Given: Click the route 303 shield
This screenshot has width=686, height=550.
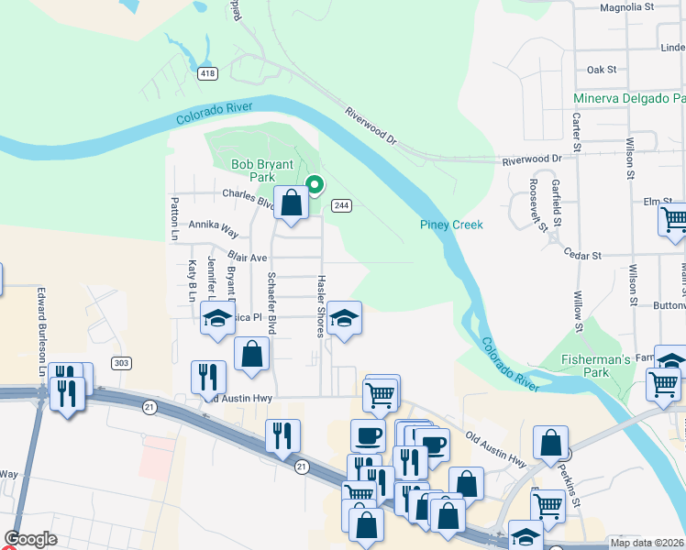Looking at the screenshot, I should click(x=121, y=363).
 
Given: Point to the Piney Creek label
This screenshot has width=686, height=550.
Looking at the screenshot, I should click(x=451, y=225).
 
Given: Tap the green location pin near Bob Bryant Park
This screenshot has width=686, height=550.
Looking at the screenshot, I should click(x=314, y=185).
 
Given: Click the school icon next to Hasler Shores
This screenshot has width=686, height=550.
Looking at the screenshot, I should click(x=344, y=318).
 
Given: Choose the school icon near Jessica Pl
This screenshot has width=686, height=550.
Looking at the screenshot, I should click(x=216, y=319).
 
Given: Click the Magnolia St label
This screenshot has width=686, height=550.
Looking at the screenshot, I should click(x=625, y=6).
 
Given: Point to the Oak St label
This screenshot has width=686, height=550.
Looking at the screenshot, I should click(x=602, y=70).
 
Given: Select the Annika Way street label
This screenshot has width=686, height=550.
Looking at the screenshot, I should click(x=214, y=224).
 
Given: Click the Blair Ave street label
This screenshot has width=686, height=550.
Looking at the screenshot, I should click(x=247, y=258).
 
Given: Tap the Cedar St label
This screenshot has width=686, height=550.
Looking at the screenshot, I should click(x=581, y=255).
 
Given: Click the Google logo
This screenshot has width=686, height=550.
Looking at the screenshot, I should click(x=30, y=539).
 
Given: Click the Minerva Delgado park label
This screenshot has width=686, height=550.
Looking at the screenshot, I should click(x=629, y=98).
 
